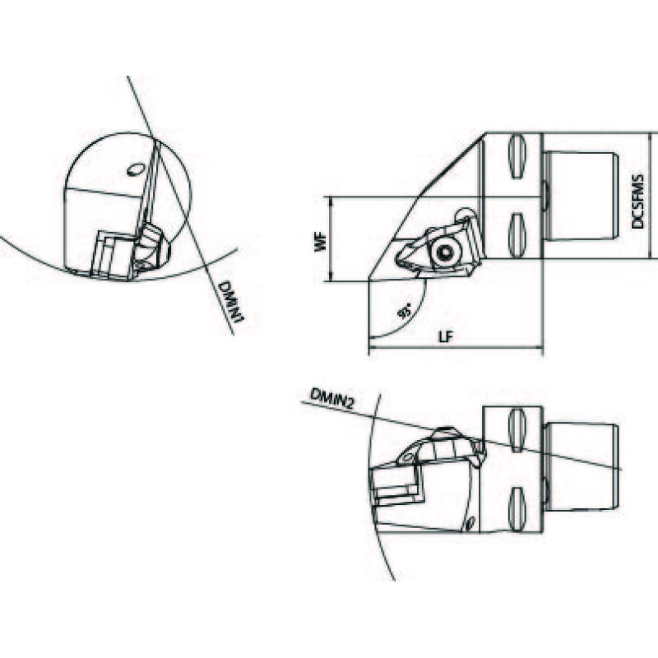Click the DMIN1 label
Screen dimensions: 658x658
(232, 302)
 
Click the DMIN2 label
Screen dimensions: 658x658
(332, 398)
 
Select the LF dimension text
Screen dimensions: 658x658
(447, 337)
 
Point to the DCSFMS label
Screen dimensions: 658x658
(637, 202)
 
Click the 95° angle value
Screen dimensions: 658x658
(405, 313)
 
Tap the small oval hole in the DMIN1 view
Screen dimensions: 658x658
(135, 169)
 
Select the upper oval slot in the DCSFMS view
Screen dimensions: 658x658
(517, 156)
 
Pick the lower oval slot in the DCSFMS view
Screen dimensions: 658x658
(517, 234)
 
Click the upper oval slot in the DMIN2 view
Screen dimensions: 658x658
(517, 431)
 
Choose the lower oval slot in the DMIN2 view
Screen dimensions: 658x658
(517, 508)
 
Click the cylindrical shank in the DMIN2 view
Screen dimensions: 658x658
(582, 468)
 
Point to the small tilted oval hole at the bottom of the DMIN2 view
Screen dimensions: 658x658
(470, 523)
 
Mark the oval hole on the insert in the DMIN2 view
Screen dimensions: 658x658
(407, 458)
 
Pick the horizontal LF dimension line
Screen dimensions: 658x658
(456, 347)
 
